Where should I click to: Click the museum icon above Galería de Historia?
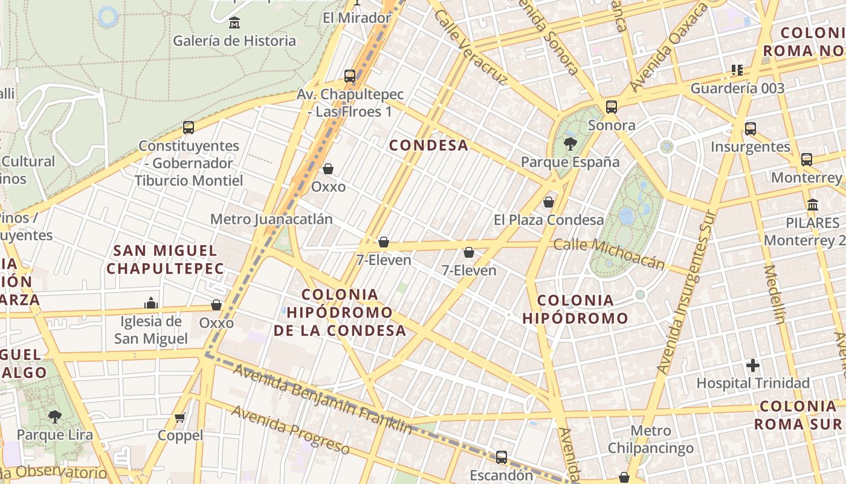tap(234, 24)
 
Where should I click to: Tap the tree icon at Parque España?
tap(569, 144)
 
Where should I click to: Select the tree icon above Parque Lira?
tap(55, 416)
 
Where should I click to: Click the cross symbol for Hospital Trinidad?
tap(752, 365)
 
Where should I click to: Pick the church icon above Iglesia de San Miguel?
tap(151, 302)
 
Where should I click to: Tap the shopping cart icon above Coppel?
tap(179, 417)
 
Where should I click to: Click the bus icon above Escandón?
tap(502, 457)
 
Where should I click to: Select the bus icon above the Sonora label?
tap(612, 107)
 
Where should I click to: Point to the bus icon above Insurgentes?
tap(751, 129)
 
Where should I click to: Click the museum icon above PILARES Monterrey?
tap(813, 204)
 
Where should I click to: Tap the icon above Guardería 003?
tap(737, 70)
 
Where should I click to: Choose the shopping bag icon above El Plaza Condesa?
tap(549, 202)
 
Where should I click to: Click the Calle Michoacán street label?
tap(609, 253)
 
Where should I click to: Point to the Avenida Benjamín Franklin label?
tap(323, 400)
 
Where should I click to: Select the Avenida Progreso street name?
tap(291, 430)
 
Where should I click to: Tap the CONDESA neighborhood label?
tap(429, 145)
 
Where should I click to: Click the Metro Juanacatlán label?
tap(271, 219)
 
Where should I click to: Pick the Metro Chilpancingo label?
tap(651, 440)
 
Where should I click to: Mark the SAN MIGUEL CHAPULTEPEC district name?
tap(165, 259)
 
